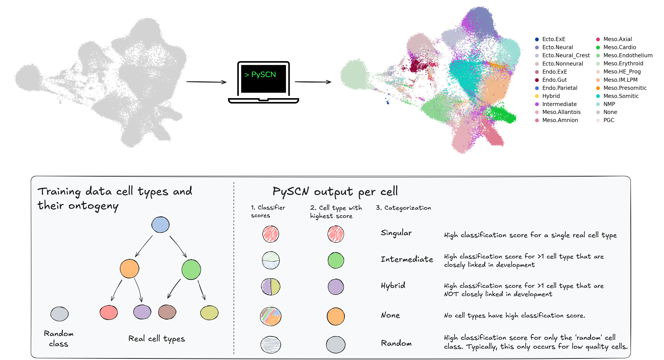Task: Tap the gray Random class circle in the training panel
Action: tap(59, 314)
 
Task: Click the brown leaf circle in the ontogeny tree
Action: tap(167, 312)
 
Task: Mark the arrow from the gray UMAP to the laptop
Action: tap(206, 82)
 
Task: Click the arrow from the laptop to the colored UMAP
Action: tap(313, 82)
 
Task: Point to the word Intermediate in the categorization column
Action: tap(407, 259)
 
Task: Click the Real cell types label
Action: tap(156, 339)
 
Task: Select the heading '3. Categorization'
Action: tap(403, 208)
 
